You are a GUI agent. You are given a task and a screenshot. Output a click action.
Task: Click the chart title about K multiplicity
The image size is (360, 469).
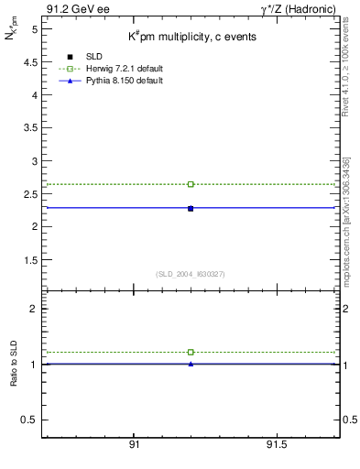pos(191,37)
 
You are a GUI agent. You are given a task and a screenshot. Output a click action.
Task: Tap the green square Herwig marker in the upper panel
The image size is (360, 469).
pos(191,184)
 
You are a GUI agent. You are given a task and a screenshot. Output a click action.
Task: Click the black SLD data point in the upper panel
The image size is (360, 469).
pos(191,209)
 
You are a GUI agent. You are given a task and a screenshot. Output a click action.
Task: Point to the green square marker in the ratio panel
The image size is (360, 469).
pos(191,352)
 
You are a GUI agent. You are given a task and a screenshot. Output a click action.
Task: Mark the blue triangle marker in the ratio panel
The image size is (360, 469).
pos(191,364)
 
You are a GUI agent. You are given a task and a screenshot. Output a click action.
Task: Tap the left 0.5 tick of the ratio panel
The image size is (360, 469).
pos(31,420)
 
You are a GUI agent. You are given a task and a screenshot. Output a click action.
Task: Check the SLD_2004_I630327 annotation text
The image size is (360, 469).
pos(191,274)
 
